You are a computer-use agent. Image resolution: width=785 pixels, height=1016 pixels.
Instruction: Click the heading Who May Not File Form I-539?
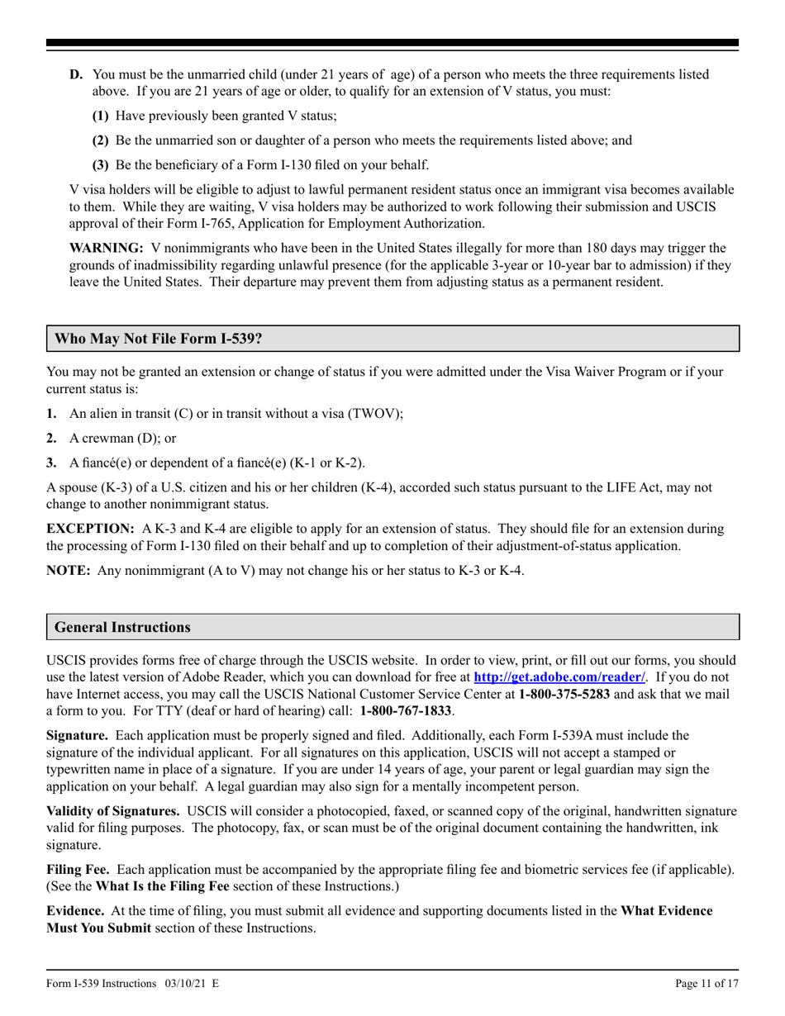click(159, 339)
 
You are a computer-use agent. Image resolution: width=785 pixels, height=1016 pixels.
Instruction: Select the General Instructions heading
click(122, 627)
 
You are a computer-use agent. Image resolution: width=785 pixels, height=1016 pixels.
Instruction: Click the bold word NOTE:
click(69, 571)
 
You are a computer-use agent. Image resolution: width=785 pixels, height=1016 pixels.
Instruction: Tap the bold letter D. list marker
click(76, 74)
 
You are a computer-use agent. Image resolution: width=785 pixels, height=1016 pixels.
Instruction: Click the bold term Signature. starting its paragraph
click(77, 735)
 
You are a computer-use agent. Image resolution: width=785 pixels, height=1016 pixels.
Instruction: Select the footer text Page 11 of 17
click(706, 983)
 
